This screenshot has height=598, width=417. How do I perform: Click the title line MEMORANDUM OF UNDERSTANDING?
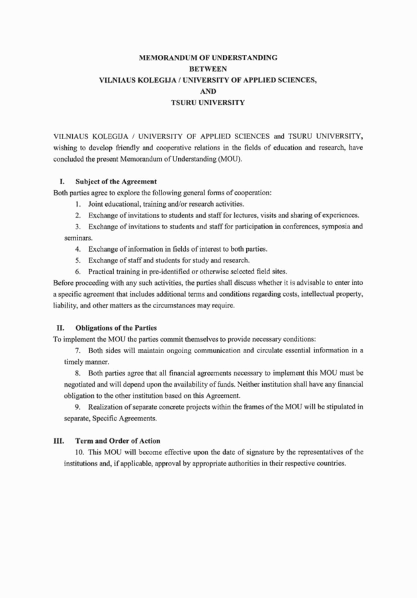[x=208, y=58]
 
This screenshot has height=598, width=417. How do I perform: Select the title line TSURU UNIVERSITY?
[x=208, y=103]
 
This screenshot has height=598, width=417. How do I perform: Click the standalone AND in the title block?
[x=208, y=91]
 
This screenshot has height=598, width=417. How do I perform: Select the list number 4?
[x=77, y=248]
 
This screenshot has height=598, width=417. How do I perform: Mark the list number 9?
[x=77, y=407]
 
